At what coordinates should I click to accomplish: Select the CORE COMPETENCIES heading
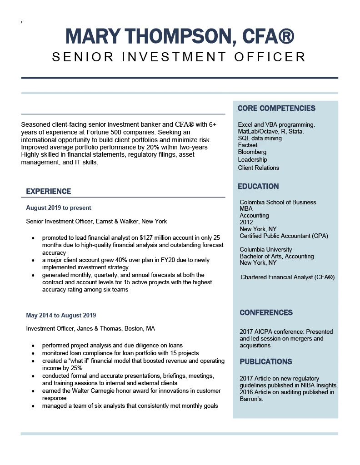coord(276,108)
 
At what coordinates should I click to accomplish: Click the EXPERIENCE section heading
coord(49,191)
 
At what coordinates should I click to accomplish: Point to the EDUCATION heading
coord(258,186)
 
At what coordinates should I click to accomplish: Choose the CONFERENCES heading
coord(266,312)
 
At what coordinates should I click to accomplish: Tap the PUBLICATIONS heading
coord(265,361)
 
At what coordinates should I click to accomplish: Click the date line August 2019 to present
coord(59,208)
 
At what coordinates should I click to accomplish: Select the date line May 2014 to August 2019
coord(61,315)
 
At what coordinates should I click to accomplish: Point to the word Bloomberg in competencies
coord(252,152)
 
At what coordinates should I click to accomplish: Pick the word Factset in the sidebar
coord(248,145)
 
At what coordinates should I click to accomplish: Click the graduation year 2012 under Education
coord(246,222)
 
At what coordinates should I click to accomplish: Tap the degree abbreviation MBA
coord(246,209)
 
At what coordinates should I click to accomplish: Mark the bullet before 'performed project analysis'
coord(33,346)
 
